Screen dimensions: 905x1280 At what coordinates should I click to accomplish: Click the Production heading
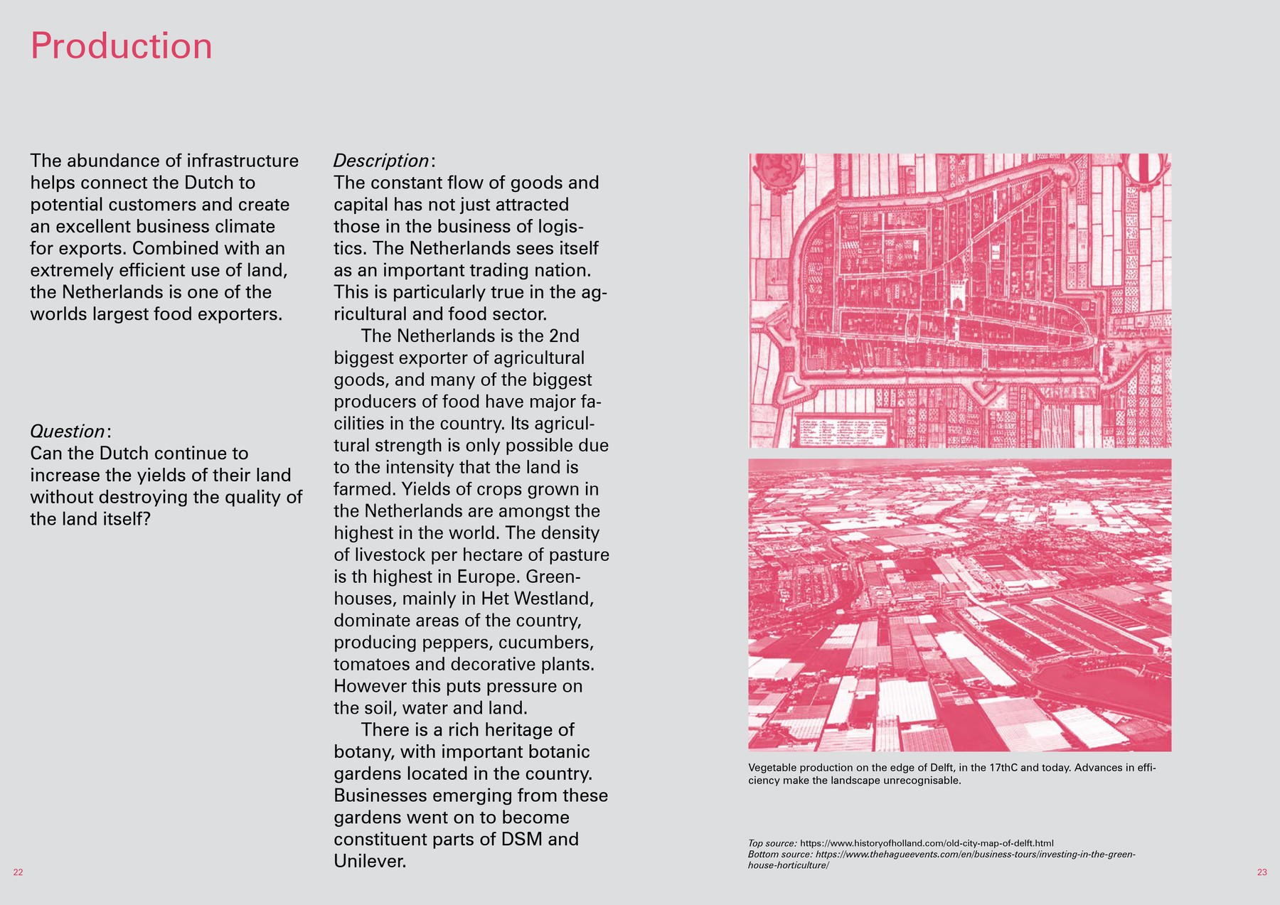point(121,46)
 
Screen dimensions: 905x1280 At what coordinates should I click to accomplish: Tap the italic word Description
point(381,161)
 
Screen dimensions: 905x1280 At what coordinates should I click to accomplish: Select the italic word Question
point(68,432)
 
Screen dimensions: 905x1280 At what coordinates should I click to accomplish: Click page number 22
point(18,872)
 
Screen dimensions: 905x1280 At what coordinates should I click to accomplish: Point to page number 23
point(1262,872)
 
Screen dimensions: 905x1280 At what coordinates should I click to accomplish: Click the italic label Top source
point(772,843)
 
